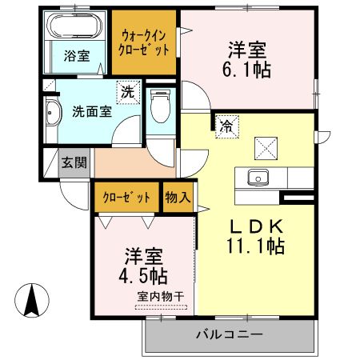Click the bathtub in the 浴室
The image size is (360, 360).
74,26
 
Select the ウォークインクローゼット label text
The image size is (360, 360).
145,42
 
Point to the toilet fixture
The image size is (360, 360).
158,103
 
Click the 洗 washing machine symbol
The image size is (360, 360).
127,92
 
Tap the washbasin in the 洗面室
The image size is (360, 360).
52,114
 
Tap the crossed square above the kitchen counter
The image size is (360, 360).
265,148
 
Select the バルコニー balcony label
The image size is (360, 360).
229,334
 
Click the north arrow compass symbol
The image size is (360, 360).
32,301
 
